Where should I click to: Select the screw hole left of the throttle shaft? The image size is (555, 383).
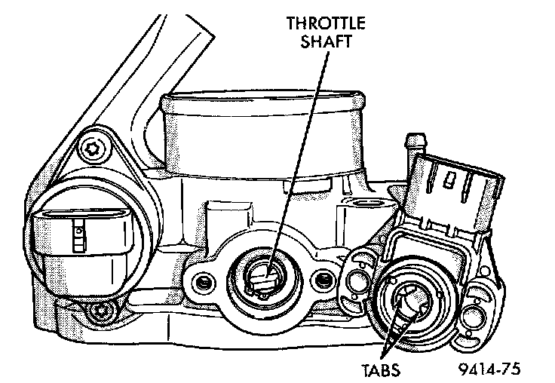[201, 283]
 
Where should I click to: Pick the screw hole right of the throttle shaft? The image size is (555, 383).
[323, 282]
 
